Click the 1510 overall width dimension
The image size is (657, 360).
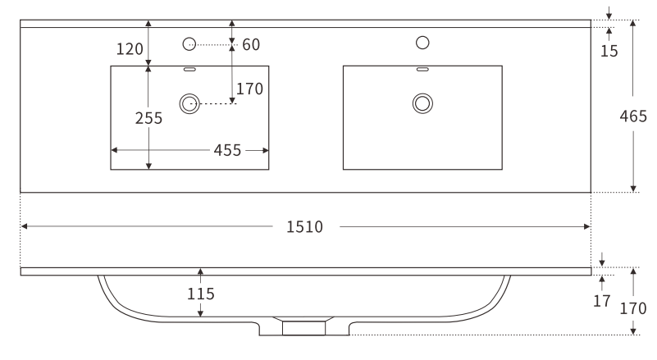coord(304,226)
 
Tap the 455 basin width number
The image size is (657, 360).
coord(227,150)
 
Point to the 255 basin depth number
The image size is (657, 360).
coord(148,117)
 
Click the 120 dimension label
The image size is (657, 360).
coord(130,49)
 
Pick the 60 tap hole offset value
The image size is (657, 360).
coord(251,43)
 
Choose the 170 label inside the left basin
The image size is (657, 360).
coord(249,88)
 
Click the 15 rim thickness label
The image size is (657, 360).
coord(609,51)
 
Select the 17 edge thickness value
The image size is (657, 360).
coord(602,301)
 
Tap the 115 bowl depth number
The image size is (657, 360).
coord(200,293)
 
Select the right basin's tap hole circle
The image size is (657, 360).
coord(423,42)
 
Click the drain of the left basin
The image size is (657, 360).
coord(189,103)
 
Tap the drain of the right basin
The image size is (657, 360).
coord(423,103)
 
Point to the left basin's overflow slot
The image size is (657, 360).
coord(189,70)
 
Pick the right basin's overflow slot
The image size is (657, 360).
coord(423,70)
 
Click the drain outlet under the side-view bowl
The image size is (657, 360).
coord(304,327)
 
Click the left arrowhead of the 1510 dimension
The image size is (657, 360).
coord(25,226)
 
